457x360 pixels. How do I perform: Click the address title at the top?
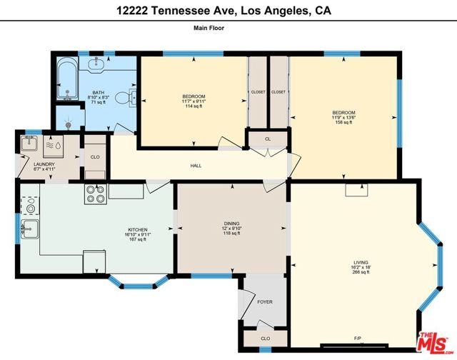[224, 11]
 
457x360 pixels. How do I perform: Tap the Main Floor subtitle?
[209, 28]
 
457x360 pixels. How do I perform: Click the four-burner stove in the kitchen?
[96, 194]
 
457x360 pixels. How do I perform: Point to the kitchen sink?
[30, 229]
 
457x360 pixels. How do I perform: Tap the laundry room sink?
[29, 143]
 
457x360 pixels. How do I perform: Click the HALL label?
[196, 166]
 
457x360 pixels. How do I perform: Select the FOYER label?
[265, 302]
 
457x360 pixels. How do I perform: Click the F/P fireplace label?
[358, 339]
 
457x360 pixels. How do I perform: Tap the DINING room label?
[231, 224]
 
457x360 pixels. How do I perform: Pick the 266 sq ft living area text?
[361, 272]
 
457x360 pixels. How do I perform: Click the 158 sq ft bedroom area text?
[344, 122]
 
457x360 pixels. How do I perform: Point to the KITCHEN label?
[138, 230]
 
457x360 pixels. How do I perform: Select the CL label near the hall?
[268, 139]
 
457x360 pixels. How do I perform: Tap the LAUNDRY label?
[44, 164]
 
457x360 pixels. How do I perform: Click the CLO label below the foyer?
[265, 339]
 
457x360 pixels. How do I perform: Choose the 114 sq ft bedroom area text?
[194, 106]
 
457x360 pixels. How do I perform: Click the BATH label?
[99, 93]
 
